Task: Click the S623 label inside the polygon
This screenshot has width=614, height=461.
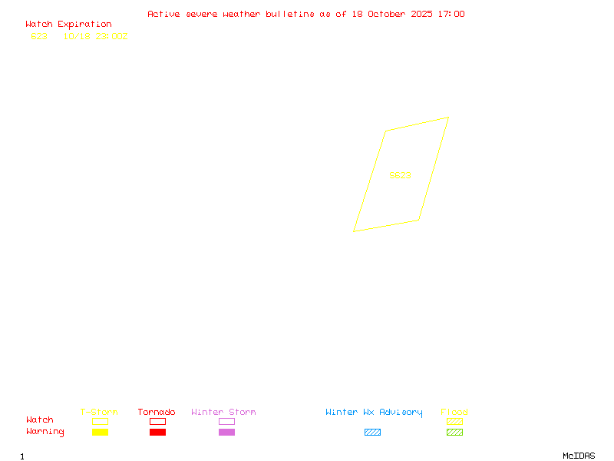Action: coord(400,175)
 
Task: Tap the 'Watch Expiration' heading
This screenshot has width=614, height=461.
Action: coord(68,24)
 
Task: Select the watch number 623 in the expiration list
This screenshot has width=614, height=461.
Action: coord(39,36)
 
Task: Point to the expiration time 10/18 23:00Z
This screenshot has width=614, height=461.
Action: coord(95,36)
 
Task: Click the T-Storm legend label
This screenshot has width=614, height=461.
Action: coord(99,412)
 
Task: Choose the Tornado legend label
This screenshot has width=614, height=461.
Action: coord(157,412)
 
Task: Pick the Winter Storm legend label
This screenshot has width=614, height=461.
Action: coord(223,412)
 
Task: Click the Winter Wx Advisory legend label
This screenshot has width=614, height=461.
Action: coord(374,412)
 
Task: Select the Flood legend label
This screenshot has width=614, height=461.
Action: coord(454,412)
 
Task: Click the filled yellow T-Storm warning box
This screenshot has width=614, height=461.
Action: coord(100,432)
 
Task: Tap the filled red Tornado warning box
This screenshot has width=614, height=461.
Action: coord(157,432)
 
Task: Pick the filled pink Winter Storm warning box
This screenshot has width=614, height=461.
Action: coord(226,432)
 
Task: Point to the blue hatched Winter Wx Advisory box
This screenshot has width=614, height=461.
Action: coord(372,432)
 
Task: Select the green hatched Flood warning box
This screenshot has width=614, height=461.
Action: coord(454,432)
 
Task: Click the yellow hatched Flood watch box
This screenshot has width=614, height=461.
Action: coord(454,421)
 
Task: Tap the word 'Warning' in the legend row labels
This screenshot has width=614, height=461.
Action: coord(45,432)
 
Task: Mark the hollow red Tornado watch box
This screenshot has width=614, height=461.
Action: coord(157,421)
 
